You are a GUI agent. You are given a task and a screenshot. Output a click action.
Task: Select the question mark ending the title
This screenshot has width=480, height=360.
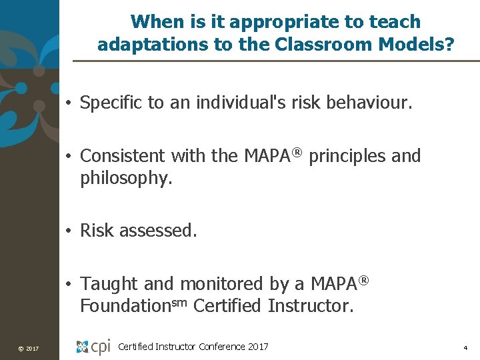pos(451,45)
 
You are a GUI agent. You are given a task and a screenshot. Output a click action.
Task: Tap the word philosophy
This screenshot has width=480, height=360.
pos(126,179)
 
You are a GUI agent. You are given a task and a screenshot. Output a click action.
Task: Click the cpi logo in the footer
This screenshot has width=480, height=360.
pos(93,347)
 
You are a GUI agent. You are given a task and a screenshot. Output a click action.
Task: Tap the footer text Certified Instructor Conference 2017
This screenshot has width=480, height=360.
pos(193,346)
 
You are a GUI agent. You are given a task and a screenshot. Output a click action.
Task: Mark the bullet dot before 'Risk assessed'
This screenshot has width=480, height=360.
pos(69,231)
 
